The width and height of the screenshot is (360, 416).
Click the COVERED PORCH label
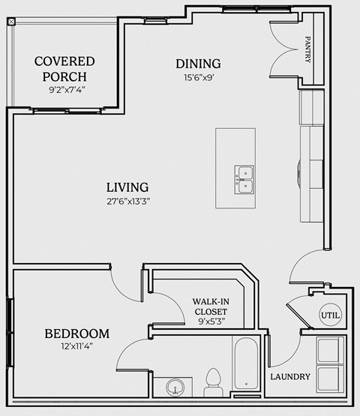pyautogui.click(x=64, y=68)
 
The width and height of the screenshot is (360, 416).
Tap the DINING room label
pyautogui.click(x=197, y=63)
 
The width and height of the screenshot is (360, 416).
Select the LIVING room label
pyautogui.click(x=127, y=187)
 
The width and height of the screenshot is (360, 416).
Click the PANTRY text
pyautogui.click(x=307, y=49)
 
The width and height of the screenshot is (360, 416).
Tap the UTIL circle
pyautogui.click(x=330, y=316)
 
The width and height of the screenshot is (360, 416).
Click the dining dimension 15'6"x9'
pyautogui.click(x=197, y=77)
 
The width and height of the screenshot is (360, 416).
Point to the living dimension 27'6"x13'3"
pyautogui.click(x=127, y=202)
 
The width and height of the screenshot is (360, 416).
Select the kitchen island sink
pyautogui.click(x=244, y=179)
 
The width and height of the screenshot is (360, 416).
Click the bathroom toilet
pyautogui.click(x=211, y=381)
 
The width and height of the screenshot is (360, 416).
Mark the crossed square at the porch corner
pyautogui.click(x=11, y=21)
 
